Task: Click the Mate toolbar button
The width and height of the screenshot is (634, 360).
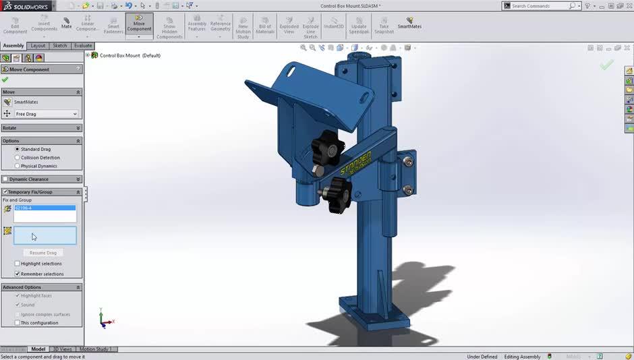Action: coord(66,23)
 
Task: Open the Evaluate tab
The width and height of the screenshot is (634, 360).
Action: coord(83,46)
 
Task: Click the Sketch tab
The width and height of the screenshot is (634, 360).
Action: coord(60,46)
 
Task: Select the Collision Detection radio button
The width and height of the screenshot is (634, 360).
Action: coord(18,158)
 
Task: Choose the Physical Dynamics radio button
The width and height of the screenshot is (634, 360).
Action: coord(18,166)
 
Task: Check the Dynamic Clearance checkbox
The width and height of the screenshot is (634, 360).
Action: coord(6,179)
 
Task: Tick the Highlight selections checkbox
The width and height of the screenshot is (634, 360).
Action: coord(18,264)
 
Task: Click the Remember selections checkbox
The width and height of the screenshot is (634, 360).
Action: coord(18,274)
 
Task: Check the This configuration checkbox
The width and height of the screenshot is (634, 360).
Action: coord(18,323)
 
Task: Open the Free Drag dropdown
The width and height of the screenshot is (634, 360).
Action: coord(46,114)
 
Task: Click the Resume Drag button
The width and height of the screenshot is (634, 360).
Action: coord(42,253)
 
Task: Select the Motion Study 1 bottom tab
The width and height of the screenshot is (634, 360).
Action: coord(96,349)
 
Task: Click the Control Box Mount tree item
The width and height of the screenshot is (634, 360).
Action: coord(129,55)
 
